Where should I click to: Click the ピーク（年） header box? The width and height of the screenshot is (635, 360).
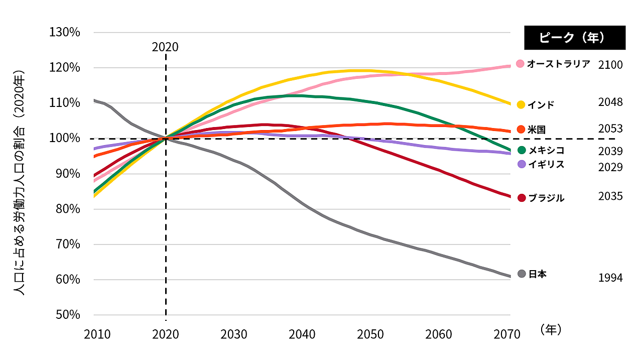575,38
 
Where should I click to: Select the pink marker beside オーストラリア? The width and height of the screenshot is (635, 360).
520,64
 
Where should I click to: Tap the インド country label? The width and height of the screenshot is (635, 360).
541,105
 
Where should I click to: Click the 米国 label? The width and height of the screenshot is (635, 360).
537,130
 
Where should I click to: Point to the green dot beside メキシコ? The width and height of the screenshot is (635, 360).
521,150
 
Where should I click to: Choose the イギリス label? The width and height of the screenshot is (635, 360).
546,164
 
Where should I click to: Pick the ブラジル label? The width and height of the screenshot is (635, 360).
546,198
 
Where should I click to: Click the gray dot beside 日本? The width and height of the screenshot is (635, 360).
521,274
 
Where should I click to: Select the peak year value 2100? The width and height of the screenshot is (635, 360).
610,65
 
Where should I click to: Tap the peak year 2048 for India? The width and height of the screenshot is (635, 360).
610,102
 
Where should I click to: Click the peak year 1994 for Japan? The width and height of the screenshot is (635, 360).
610,278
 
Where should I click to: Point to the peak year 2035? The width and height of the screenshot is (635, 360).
610,196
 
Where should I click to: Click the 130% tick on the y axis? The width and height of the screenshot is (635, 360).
65,33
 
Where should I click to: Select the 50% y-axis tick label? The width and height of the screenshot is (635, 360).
67,315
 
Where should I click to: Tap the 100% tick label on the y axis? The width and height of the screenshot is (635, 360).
65,139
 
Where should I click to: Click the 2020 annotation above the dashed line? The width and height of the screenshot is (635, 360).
165,47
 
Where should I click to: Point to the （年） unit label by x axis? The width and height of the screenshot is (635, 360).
551,329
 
